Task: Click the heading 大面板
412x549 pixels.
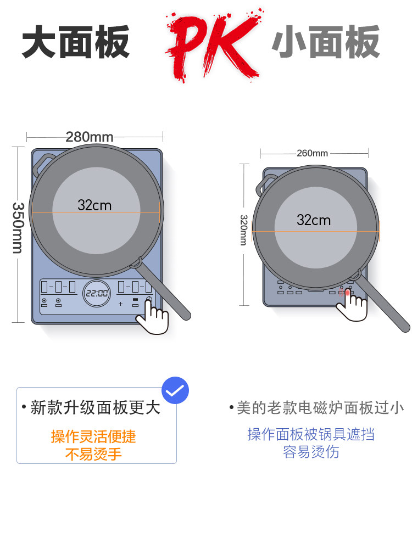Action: coord(76,42)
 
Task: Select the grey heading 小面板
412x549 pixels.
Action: coord(326,42)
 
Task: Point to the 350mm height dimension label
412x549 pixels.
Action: coord(18,228)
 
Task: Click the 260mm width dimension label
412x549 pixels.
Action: coord(312,153)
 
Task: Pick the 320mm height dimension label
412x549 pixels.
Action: coord(243,229)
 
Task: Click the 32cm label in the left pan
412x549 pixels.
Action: coord(94,205)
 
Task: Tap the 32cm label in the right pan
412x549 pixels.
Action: coord(314,220)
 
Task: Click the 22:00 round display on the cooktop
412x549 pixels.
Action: coord(96,293)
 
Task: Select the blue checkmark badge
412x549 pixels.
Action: coord(176,391)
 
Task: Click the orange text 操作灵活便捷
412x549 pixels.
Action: coord(93,437)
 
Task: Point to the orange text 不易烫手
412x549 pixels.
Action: coord(93,455)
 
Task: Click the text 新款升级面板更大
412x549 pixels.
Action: coord(95,408)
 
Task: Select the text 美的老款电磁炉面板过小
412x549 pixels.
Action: coord(320,407)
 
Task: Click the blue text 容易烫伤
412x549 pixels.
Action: coord(311,452)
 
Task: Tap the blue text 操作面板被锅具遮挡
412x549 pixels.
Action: coord(311,434)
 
